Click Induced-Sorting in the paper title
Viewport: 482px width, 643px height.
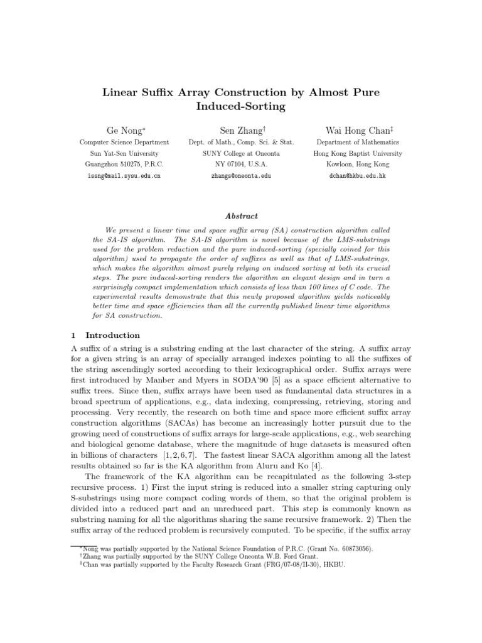[241, 107]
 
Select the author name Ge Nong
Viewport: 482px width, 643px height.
[124, 131]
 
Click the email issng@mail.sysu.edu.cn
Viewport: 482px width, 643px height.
[124, 176]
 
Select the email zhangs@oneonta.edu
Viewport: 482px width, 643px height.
[242, 176]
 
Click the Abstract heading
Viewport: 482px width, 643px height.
[242, 217]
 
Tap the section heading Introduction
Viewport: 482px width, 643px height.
[112, 335]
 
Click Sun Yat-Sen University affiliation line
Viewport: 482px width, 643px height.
[124, 153]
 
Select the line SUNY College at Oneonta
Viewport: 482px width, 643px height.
[242, 153]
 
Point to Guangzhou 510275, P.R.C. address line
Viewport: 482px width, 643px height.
[124, 165]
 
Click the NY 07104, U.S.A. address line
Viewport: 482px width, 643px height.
[242, 165]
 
